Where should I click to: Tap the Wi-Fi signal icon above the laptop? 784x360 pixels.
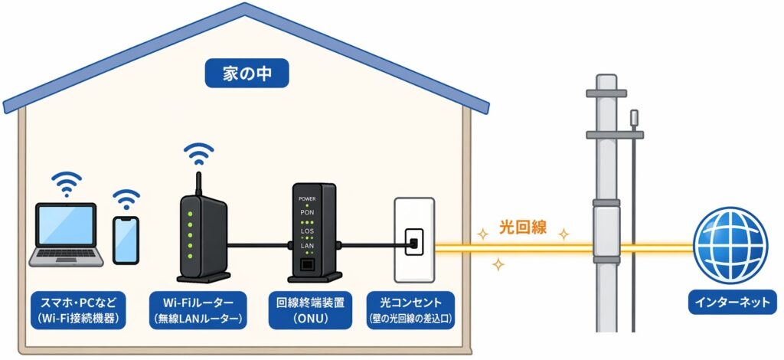click(66, 184)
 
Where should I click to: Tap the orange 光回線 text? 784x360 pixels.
click(523, 227)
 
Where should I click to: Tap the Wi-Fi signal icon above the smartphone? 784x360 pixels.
click(126, 201)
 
